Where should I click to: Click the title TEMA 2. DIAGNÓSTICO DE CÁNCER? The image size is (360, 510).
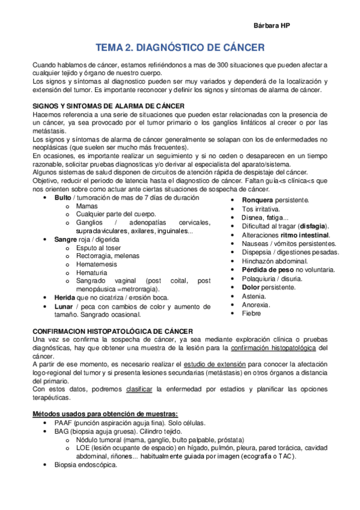click(180, 48)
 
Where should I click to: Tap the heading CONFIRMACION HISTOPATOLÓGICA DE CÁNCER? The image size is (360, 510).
click(113, 331)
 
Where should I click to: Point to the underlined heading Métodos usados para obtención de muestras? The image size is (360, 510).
click(105, 414)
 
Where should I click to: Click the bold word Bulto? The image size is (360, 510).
click(63, 197)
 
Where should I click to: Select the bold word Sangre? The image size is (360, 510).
click(66, 239)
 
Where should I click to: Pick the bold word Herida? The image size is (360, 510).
click(65, 297)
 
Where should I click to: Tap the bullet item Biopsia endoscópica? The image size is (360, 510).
click(86, 465)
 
